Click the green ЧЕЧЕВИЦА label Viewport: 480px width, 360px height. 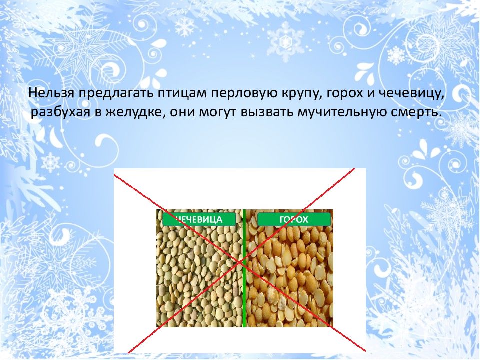[199, 219]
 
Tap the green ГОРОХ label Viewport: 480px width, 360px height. [294, 219]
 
